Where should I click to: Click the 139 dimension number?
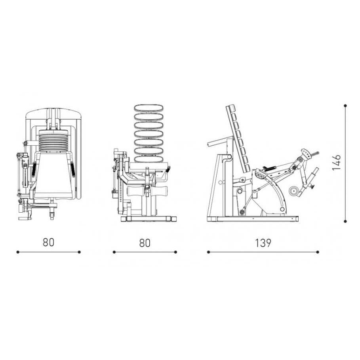point(263,243)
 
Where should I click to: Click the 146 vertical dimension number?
point(336,162)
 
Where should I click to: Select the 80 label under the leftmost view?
point(48,242)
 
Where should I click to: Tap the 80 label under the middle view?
point(145,243)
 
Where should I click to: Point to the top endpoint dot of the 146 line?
point(345,106)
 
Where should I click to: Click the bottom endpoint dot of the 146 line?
point(345,221)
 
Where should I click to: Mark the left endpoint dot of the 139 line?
point(208,251)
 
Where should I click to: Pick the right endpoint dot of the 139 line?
point(317,251)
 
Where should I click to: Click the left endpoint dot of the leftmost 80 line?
point(17,251)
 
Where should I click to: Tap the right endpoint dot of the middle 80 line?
point(175,251)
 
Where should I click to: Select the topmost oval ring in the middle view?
point(149,108)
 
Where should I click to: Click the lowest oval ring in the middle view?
point(149,159)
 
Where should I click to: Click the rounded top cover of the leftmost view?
point(54,114)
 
